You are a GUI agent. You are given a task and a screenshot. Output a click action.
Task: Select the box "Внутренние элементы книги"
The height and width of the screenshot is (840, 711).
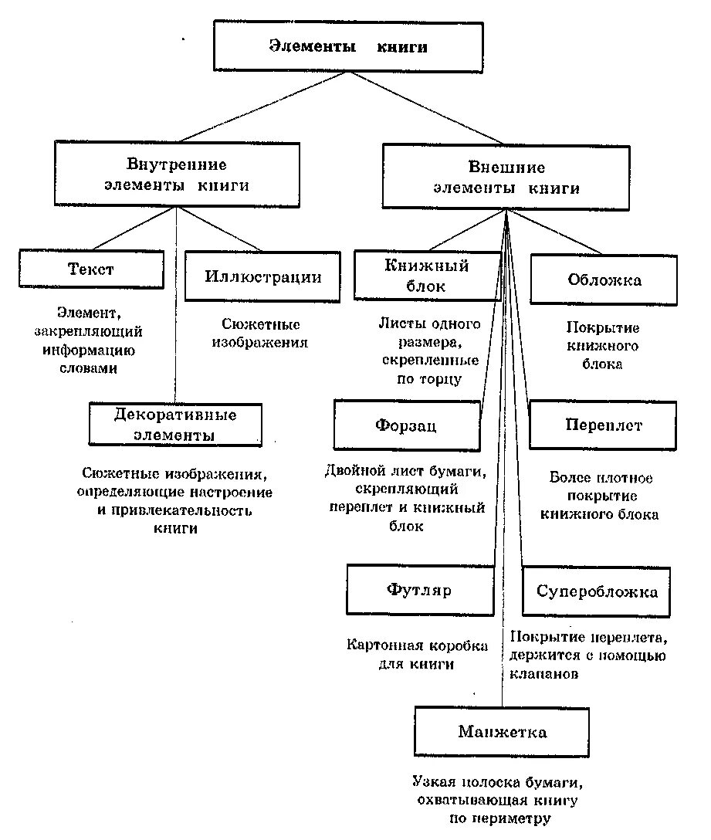click(x=177, y=174)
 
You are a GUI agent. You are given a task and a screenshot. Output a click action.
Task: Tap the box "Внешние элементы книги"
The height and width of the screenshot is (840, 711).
click(x=506, y=178)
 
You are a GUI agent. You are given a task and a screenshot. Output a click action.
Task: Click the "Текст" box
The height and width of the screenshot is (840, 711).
click(x=91, y=269)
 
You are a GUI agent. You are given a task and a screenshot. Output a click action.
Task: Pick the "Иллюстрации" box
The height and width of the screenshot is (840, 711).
click(x=262, y=276)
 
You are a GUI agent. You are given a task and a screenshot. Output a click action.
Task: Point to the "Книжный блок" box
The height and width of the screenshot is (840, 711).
click(x=427, y=276)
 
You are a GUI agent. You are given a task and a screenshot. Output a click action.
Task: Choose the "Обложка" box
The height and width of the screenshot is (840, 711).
click(x=604, y=280)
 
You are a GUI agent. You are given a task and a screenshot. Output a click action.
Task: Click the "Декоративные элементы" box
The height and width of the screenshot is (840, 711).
click(x=175, y=425)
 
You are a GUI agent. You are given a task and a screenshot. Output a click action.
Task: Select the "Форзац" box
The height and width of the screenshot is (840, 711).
click(x=407, y=425)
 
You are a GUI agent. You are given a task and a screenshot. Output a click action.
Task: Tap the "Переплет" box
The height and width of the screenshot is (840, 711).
click(x=603, y=425)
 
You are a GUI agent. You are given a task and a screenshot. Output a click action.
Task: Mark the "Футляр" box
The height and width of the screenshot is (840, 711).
click(x=419, y=591)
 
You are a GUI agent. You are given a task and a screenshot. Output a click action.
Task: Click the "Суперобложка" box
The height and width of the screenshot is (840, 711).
click(x=597, y=592)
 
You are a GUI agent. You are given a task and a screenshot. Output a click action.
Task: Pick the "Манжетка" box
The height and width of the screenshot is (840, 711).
click(x=502, y=731)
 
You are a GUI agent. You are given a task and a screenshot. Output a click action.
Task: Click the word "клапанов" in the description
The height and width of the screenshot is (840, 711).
click(x=544, y=673)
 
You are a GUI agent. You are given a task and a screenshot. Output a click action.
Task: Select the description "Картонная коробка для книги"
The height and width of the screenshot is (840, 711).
click(x=417, y=655)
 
